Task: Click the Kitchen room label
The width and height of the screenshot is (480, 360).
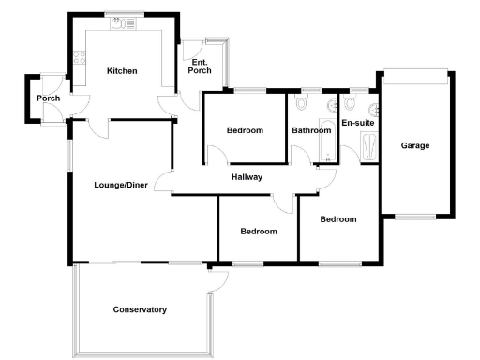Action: tap(122, 71)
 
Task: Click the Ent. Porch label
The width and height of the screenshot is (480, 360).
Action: tap(201, 67)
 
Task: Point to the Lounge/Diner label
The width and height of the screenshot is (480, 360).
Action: tap(120, 184)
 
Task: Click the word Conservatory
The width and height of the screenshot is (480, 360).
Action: tap(140, 309)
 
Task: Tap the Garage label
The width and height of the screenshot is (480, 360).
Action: tap(415, 146)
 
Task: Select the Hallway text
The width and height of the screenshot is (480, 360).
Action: tap(247, 177)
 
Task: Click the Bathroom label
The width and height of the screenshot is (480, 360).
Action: tap(311, 130)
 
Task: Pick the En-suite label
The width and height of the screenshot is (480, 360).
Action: tap(357, 123)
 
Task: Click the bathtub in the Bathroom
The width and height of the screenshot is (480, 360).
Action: tap(328, 143)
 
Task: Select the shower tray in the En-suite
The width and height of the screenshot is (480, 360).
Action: tap(367, 147)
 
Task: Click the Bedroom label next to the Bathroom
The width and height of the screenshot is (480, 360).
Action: tap(245, 130)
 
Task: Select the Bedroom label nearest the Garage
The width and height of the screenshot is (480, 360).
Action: tap(338, 219)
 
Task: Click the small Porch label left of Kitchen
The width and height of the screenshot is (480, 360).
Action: tap(48, 98)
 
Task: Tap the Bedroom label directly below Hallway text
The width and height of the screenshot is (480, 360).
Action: tap(258, 232)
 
